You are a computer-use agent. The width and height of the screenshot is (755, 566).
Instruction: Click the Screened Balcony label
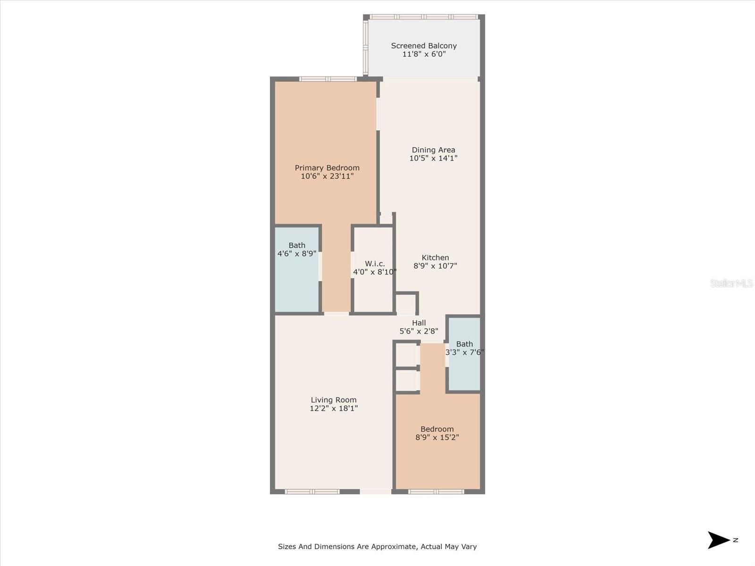click(x=424, y=46)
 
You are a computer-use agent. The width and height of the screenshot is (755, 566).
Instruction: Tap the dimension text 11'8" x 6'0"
click(x=424, y=54)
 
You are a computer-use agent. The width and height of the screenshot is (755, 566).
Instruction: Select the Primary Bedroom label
click(x=327, y=168)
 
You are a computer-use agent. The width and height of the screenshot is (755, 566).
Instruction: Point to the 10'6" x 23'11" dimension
click(x=327, y=176)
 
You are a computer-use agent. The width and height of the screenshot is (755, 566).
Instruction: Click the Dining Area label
click(x=433, y=150)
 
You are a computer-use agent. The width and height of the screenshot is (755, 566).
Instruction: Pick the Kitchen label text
click(x=435, y=258)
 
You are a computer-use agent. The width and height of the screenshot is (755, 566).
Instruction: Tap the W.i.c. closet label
click(x=375, y=264)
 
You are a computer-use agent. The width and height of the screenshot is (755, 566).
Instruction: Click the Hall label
click(x=419, y=323)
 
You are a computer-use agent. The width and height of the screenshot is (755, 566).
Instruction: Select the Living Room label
click(x=334, y=400)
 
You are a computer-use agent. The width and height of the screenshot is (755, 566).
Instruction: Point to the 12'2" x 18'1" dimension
click(x=334, y=408)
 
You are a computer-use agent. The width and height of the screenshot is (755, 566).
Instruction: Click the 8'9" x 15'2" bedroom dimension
click(x=437, y=438)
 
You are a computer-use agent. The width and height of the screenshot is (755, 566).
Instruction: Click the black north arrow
click(x=718, y=540)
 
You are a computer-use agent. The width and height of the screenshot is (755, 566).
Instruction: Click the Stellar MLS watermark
click(x=731, y=283)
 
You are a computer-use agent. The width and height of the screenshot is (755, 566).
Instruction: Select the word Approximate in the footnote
click(x=394, y=547)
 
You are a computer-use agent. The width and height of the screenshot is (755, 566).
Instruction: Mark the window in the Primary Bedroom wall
click(x=328, y=79)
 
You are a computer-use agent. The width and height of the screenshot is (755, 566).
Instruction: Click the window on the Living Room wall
click(x=312, y=492)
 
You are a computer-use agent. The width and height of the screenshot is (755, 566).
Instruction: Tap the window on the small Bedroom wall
click(x=436, y=492)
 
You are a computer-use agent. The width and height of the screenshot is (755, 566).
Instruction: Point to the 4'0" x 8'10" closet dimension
click(x=375, y=272)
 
